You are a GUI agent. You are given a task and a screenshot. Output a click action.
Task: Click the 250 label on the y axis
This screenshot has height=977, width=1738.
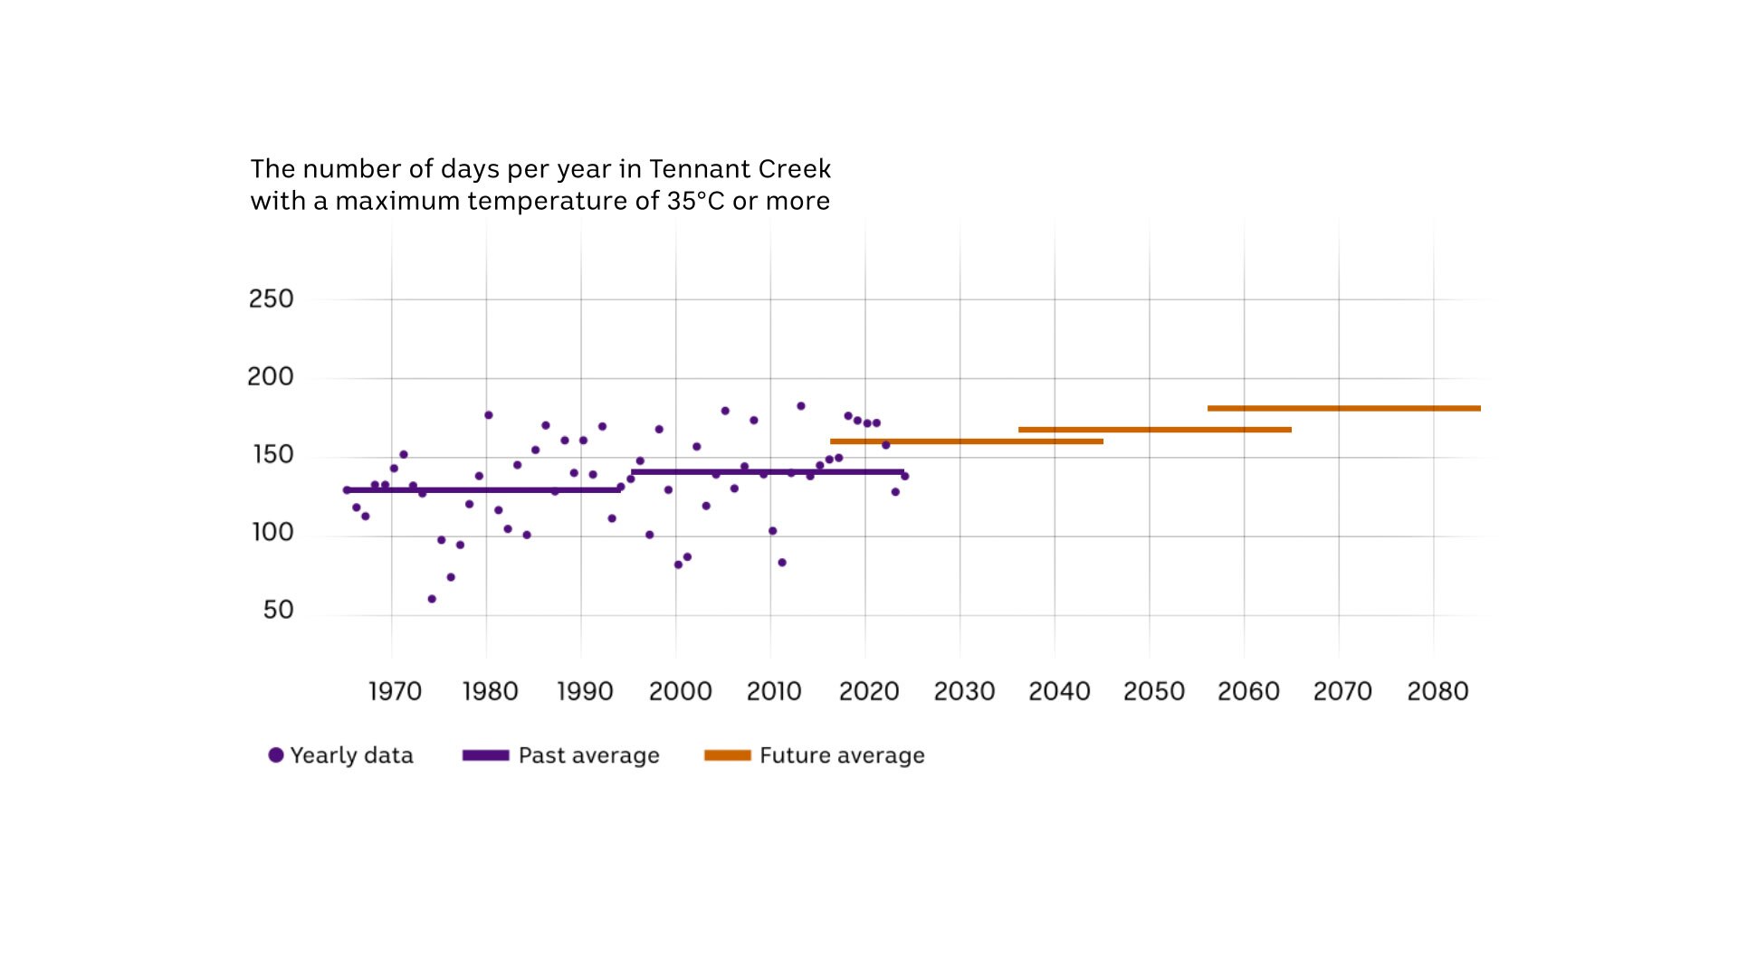(x=271, y=299)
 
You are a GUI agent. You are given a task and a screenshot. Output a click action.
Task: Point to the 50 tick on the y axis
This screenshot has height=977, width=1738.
(x=278, y=610)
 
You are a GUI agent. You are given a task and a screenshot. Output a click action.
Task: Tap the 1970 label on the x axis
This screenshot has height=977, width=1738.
(x=395, y=691)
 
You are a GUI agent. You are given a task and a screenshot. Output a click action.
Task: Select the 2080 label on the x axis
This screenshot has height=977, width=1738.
(x=1437, y=691)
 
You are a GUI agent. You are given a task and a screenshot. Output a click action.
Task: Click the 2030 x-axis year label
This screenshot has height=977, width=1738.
(x=964, y=691)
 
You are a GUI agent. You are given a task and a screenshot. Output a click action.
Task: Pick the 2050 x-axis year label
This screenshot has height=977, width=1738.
(x=1153, y=691)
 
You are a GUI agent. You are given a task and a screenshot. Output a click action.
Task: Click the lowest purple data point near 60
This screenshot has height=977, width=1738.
(x=432, y=599)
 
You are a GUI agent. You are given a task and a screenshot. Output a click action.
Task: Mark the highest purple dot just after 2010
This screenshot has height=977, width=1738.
(x=800, y=406)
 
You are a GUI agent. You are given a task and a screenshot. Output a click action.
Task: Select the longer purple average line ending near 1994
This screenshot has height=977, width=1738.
(x=482, y=490)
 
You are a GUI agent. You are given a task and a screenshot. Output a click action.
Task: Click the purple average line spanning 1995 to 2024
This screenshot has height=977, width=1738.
(x=768, y=471)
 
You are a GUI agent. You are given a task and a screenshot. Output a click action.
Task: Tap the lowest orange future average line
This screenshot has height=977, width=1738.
(x=966, y=441)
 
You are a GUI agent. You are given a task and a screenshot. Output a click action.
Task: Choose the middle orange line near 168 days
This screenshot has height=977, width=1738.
(x=1154, y=430)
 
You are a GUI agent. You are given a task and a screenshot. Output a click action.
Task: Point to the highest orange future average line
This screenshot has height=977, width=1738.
(x=1343, y=408)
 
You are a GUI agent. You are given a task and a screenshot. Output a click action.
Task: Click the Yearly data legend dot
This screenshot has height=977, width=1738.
(x=276, y=755)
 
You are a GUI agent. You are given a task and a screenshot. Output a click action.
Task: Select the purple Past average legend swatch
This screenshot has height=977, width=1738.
(x=485, y=755)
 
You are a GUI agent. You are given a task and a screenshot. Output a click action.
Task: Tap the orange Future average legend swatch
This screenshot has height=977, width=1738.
(x=728, y=755)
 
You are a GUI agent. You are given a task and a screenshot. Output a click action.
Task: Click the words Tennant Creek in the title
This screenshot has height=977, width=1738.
(x=740, y=169)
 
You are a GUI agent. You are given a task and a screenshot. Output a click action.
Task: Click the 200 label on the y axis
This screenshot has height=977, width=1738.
(x=270, y=376)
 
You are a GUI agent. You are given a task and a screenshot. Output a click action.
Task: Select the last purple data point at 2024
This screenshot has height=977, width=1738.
(x=904, y=476)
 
